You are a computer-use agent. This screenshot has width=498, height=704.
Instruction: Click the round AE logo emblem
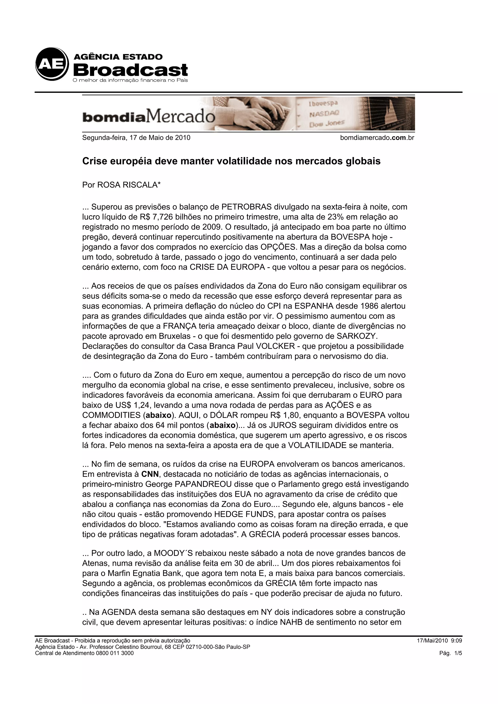[x=52, y=64]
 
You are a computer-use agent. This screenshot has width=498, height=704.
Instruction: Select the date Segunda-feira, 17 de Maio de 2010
[x=136, y=138]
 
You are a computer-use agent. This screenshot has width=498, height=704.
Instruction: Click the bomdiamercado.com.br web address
[x=377, y=138]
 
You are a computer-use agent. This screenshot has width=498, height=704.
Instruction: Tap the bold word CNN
[x=150, y=474]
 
